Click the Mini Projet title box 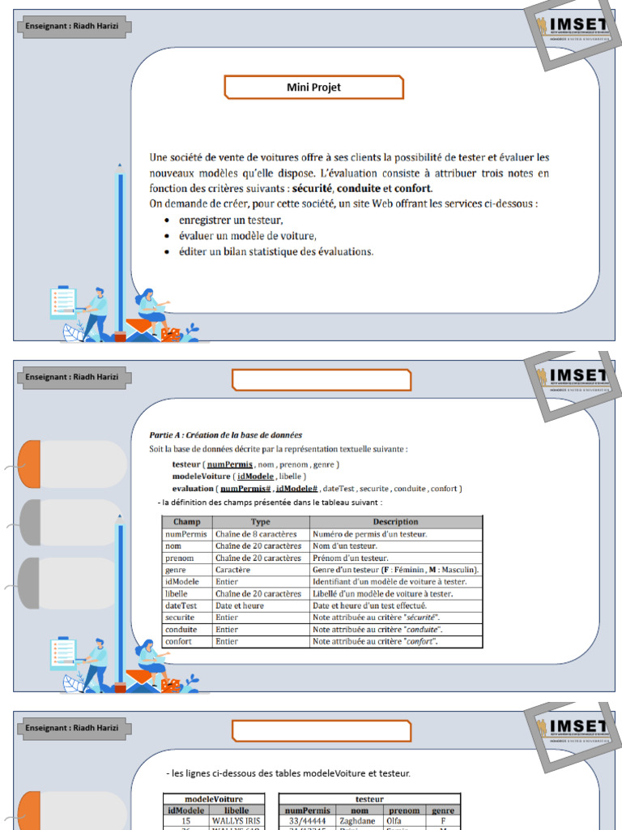pos(313,88)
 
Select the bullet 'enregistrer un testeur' pos(231,220)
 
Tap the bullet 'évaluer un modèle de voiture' pos(247,236)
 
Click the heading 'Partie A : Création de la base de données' pos(225,435)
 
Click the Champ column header pos(186,522)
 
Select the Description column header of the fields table pos(395,522)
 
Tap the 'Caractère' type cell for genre pos(233,570)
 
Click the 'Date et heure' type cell pos(240,605)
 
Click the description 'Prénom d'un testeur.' pos(350,558)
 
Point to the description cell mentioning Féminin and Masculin pos(395,570)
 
